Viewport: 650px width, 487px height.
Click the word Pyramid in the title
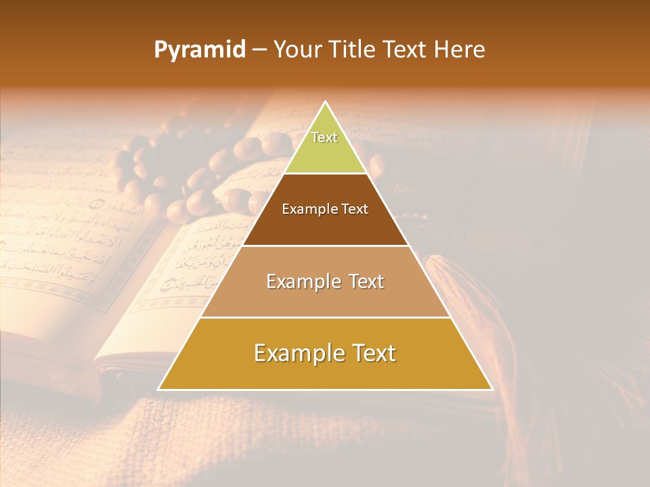(x=199, y=50)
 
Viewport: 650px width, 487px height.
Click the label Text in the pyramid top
(x=324, y=137)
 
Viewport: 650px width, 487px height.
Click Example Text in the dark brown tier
(x=325, y=209)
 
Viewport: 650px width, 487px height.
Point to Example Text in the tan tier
(x=325, y=281)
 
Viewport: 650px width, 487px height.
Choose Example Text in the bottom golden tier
(x=325, y=353)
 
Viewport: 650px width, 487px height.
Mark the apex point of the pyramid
(x=326, y=102)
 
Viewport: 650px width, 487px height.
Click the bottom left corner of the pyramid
(x=159, y=389)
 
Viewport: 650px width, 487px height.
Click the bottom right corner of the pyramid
(x=492, y=389)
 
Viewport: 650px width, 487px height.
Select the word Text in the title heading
(x=405, y=50)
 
